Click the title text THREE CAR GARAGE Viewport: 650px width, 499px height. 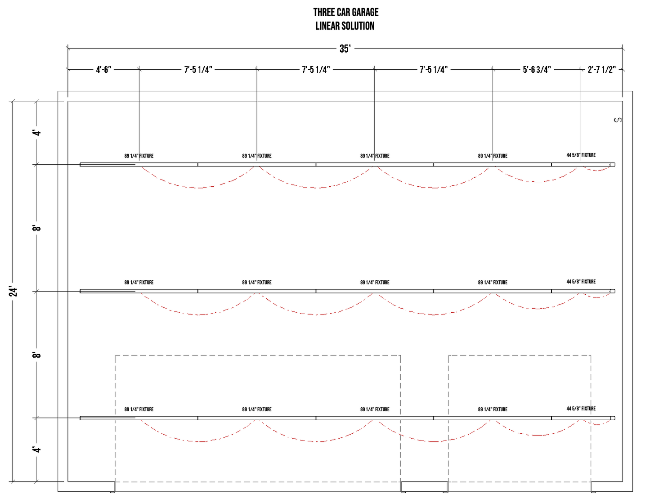click(x=345, y=12)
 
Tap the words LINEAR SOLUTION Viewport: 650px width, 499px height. click(x=345, y=26)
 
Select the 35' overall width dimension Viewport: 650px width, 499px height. click(x=345, y=49)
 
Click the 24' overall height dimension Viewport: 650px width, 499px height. click(x=13, y=292)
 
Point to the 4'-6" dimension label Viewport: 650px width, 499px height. click(x=103, y=70)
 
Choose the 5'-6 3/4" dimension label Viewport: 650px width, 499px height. click(x=537, y=70)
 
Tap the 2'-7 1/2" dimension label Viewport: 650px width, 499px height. click(x=601, y=70)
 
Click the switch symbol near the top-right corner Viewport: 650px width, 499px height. click(x=618, y=120)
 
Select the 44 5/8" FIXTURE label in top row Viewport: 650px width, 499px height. click(x=581, y=155)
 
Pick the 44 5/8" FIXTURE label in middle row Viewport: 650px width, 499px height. click(x=581, y=282)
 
